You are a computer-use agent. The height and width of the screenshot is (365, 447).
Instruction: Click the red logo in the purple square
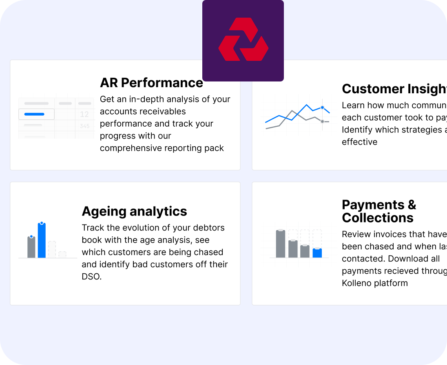click(x=243, y=41)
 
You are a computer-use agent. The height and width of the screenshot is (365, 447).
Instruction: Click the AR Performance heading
click(x=151, y=83)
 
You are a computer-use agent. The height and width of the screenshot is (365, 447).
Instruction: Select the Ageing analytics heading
click(x=134, y=211)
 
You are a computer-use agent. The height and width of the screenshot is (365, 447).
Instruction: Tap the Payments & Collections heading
click(x=378, y=211)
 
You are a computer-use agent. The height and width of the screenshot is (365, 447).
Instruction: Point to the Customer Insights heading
click(x=394, y=89)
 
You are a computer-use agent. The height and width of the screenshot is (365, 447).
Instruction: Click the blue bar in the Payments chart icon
click(x=317, y=253)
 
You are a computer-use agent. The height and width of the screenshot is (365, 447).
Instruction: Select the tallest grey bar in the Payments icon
click(x=280, y=244)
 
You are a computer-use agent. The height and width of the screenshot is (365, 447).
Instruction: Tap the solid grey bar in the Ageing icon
click(x=31, y=247)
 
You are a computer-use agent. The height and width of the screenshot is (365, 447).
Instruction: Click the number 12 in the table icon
click(x=84, y=114)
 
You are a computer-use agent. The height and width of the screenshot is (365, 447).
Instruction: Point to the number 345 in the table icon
click(x=84, y=126)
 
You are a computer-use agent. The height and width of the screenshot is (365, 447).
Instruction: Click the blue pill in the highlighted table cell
click(x=34, y=114)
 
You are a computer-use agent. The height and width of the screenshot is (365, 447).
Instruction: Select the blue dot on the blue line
click(x=322, y=108)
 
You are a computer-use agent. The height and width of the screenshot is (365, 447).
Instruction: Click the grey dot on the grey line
click(x=322, y=121)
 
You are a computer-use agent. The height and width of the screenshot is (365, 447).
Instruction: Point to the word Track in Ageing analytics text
click(x=92, y=228)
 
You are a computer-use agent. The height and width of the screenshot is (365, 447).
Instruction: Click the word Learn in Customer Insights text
click(x=353, y=106)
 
